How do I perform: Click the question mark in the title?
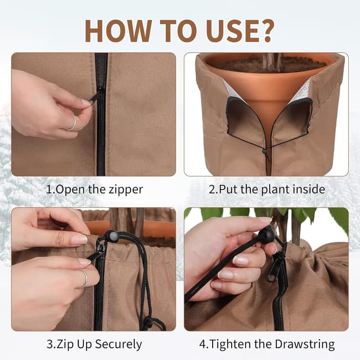265,31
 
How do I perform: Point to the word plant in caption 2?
276,190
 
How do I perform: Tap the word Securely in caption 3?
118,345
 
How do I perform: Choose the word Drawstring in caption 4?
305,344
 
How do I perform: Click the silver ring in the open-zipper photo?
73,124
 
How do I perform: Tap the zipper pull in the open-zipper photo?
95,97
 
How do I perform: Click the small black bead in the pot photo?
264,151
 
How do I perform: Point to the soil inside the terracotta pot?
266,64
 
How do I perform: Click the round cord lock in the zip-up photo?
111,235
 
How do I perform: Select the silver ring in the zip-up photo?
84,278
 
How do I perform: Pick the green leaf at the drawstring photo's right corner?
339,218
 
